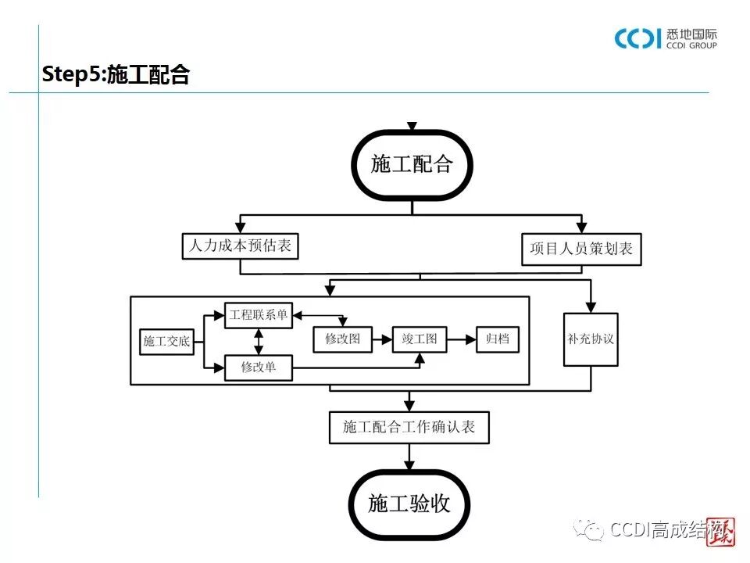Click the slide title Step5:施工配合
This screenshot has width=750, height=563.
pyautogui.click(x=116, y=75)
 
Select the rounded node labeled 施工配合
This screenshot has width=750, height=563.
pyautogui.click(x=412, y=164)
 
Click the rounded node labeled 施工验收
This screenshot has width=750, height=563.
pyautogui.click(x=409, y=504)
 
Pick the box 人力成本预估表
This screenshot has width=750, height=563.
pyautogui.click(x=240, y=246)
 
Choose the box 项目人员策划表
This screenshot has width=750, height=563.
pyautogui.click(x=581, y=249)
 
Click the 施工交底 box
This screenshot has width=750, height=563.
pyautogui.click(x=166, y=341)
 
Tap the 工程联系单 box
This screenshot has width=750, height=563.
pyautogui.click(x=258, y=316)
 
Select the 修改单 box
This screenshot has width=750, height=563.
pyautogui.click(x=258, y=367)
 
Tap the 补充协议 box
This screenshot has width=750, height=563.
pyautogui.click(x=591, y=339)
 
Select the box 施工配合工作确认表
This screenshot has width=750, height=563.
pyautogui.click(x=409, y=427)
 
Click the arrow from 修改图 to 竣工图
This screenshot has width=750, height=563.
pyautogui.click(x=382, y=339)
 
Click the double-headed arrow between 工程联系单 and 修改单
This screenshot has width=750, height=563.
pyautogui.click(x=259, y=341)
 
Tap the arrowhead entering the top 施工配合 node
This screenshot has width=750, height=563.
pyautogui.click(x=412, y=126)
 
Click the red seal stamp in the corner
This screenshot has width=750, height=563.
pyautogui.click(x=721, y=533)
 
